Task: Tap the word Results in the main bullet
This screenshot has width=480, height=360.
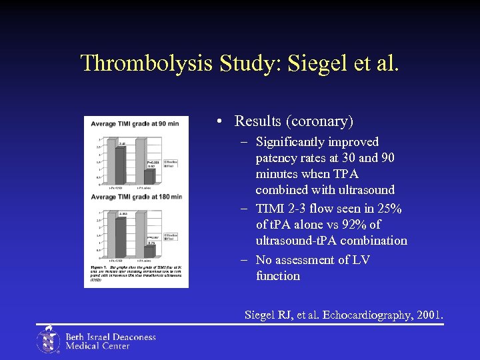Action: coord(259,121)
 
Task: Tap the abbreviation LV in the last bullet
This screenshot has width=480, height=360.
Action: coord(359,260)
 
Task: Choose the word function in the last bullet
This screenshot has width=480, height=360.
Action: coord(278,276)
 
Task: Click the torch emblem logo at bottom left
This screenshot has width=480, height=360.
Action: coord(48,340)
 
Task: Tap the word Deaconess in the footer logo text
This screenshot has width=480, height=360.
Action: coord(132,337)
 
